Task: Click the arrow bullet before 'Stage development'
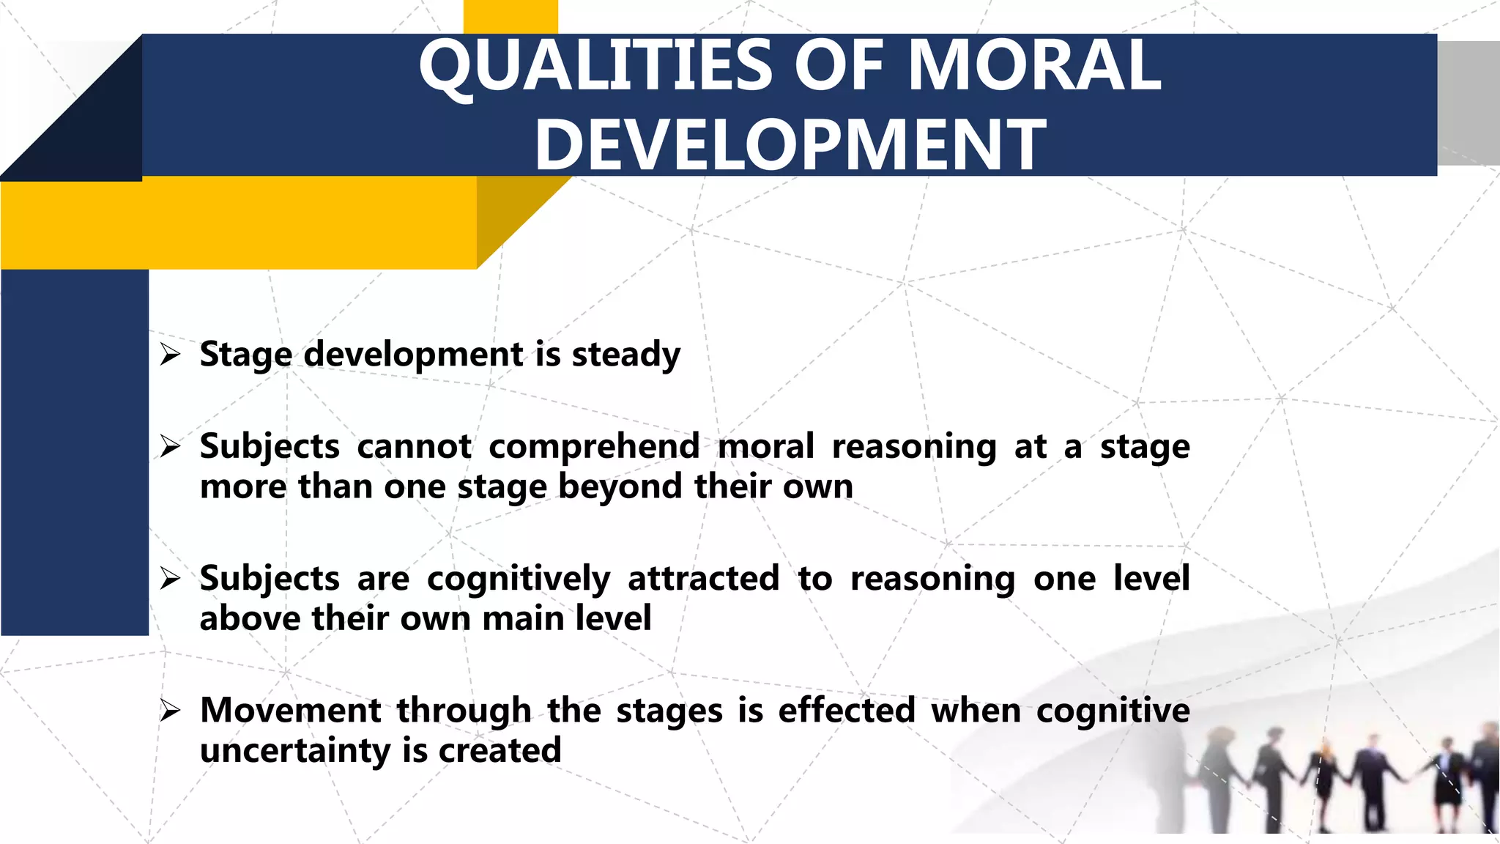(170, 355)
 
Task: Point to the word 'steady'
(625, 355)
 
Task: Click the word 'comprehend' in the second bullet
(594, 447)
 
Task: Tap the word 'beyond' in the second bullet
(620, 487)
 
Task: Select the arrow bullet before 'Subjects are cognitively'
(170, 579)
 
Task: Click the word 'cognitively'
(518, 579)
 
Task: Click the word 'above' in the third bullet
(249, 618)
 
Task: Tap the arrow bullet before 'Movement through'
(170, 711)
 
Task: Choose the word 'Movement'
(290, 711)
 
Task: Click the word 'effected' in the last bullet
(846, 711)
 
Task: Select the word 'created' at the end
(500, 751)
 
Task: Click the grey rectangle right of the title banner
(1468, 103)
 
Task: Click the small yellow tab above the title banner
(510, 16)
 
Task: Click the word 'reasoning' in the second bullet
(913, 447)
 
